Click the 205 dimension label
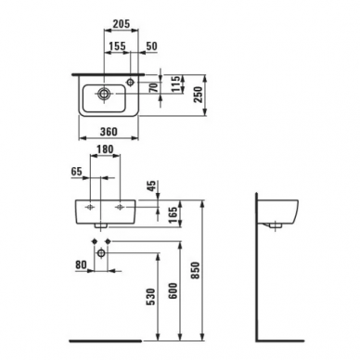pyautogui.click(x=121, y=24)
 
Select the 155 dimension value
pyautogui.click(x=118, y=46)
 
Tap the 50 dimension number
pyautogui.click(x=151, y=46)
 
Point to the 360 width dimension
pyautogui.click(x=109, y=132)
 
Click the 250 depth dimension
pyautogui.click(x=198, y=96)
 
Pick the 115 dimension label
pyautogui.click(x=175, y=84)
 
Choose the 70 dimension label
pyautogui.click(x=154, y=87)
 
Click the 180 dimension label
pyautogui.click(x=105, y=149)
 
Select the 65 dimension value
pyautogui.click(x=77, y=171)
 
